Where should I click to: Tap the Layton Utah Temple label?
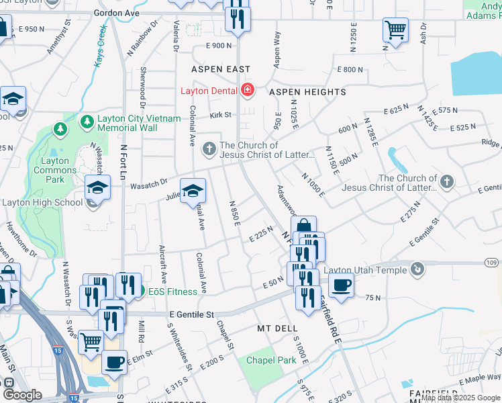[x=365, y=270]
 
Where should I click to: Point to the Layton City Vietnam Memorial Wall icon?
[x=87, y=122]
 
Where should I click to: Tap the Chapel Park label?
[x=270, y=361]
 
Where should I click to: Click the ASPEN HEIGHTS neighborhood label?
[x=307, y=92]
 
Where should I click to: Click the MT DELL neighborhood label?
[x=277, y=328]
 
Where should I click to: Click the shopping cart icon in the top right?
[x=395, y=31]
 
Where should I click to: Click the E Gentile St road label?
[x=191, y=314]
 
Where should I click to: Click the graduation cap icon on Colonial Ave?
[x=193, y=192]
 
